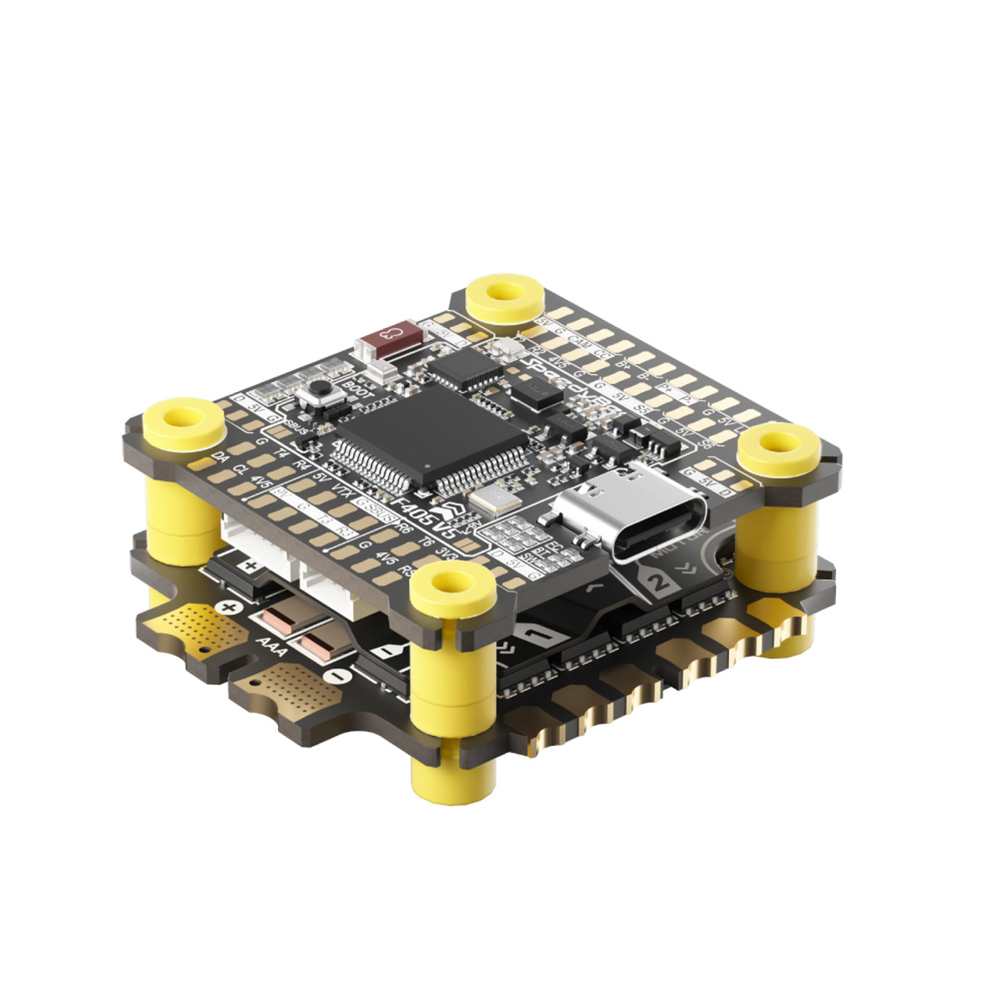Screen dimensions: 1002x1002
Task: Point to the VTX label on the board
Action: pyautogui.click(x=341, y=491)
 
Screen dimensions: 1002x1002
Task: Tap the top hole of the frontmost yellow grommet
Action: pyautogui.click(x=451, y=584)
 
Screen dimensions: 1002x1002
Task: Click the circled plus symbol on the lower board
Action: pyautogui.click(x=229, y=607)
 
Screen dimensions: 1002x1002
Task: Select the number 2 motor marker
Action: pyautogui.click(x=660, y=581)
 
